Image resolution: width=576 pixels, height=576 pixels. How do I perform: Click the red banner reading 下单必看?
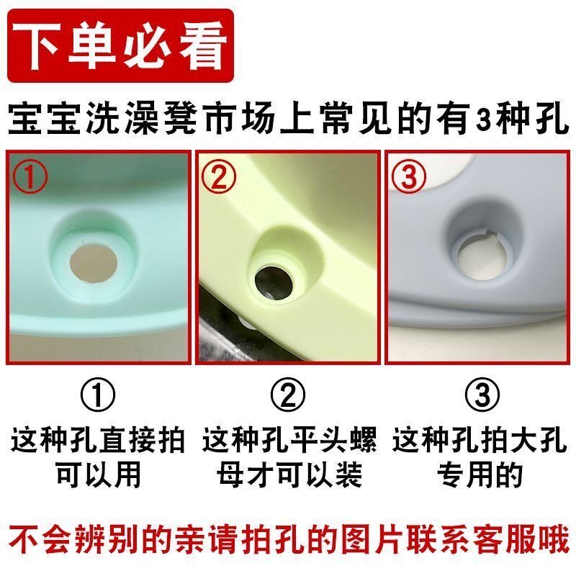click(x=121, y=46)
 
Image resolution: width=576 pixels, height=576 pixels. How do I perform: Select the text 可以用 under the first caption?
click(x=98, y=474)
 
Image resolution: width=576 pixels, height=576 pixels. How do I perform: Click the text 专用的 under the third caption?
click(x=480, y=474)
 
